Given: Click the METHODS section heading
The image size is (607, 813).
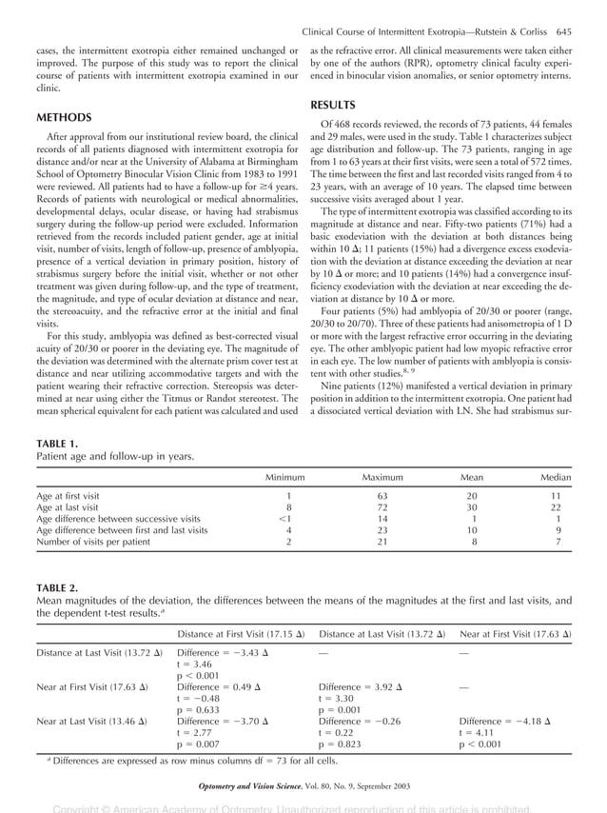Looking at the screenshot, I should coord(64,118).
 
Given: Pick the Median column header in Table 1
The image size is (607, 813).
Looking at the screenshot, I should coord(556,477).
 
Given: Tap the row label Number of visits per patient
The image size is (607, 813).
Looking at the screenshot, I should coord(93,542).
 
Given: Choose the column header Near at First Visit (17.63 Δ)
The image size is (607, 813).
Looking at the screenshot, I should coord(515,633).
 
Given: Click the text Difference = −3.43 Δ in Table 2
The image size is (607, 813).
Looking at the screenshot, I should coord(218,653).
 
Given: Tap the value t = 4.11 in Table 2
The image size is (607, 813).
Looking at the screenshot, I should coord(479,733).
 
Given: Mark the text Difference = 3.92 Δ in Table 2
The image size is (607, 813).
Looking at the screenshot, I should coord(358,687).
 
